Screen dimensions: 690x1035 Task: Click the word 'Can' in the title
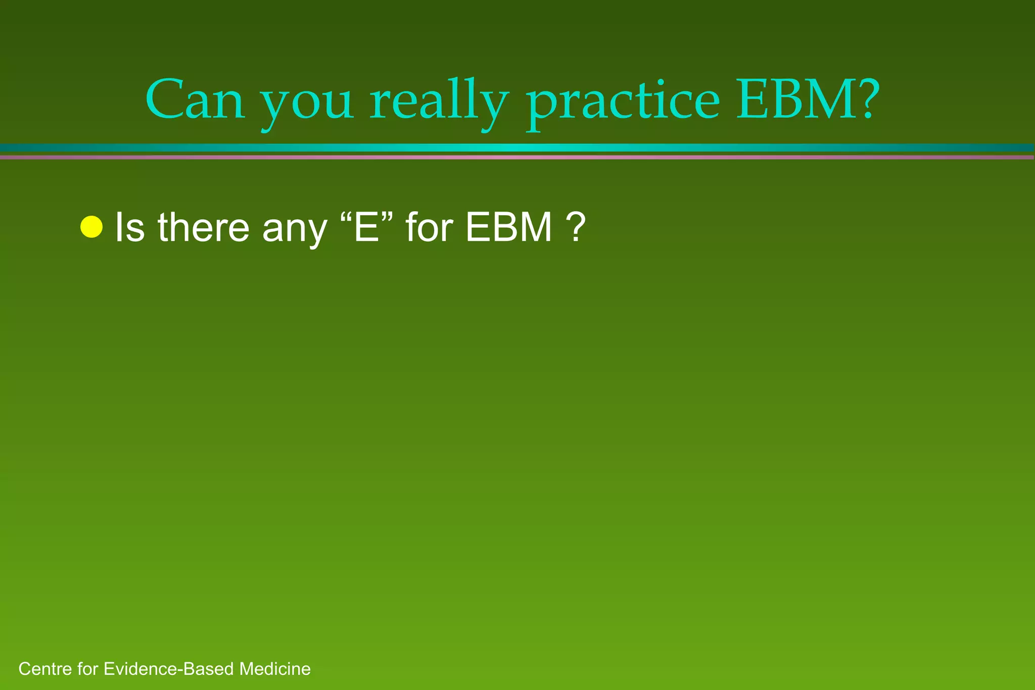coord(195,100)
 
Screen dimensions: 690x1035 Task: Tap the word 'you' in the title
coord(307,104)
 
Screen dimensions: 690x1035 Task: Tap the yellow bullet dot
coord(91,227)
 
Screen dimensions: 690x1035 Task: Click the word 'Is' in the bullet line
coord(129,227)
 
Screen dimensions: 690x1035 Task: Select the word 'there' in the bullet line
coord(203,227)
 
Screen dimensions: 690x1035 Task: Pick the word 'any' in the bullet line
coord(295,230)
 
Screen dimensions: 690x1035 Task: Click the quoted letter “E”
coord(367,226)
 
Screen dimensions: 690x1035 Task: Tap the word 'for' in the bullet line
coord(429,227)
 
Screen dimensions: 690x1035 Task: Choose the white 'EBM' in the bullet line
coord(508,227)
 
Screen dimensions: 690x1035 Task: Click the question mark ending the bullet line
coord(577,227)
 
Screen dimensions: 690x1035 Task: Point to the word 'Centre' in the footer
coord(45,669)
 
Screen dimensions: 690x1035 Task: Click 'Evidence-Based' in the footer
coord(169,669)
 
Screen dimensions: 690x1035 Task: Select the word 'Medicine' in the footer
coord(275,669)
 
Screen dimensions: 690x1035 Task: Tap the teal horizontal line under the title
coord(517,147)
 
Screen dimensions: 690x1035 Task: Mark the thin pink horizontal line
coord(517,157)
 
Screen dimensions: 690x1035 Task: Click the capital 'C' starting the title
coord(164,100)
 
